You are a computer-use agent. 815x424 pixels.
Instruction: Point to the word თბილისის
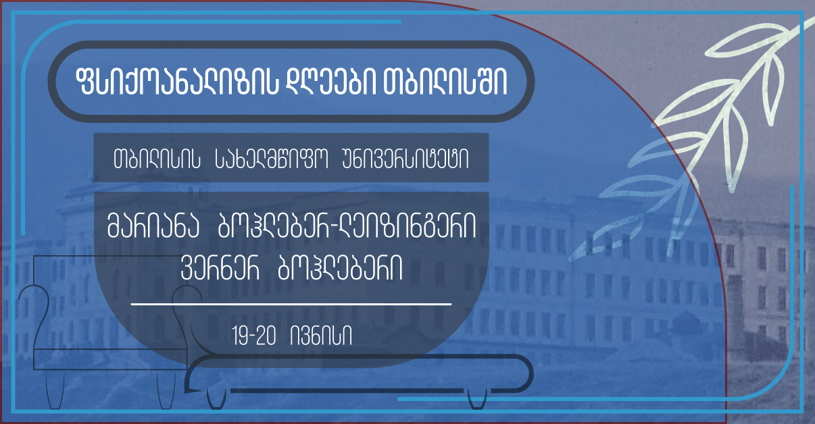point(157,159)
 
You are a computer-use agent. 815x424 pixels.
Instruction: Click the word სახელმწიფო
point(272,159)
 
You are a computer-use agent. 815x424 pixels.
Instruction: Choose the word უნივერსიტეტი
point(405,159)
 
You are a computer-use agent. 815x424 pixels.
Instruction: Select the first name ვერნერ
point(220,268)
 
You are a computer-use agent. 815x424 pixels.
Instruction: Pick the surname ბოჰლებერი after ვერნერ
point(340,268)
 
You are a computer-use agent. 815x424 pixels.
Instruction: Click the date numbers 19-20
point(254,336)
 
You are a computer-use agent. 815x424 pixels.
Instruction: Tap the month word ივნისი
point(321,336)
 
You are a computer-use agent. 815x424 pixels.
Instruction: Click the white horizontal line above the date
point(291,304)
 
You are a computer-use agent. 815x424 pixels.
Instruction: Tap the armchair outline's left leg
point(55,389)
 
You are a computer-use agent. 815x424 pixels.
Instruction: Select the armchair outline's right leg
point(166,389)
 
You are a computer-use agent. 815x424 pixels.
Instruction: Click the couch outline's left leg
point(216,399)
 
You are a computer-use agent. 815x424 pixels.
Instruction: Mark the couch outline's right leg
point(477,399)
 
